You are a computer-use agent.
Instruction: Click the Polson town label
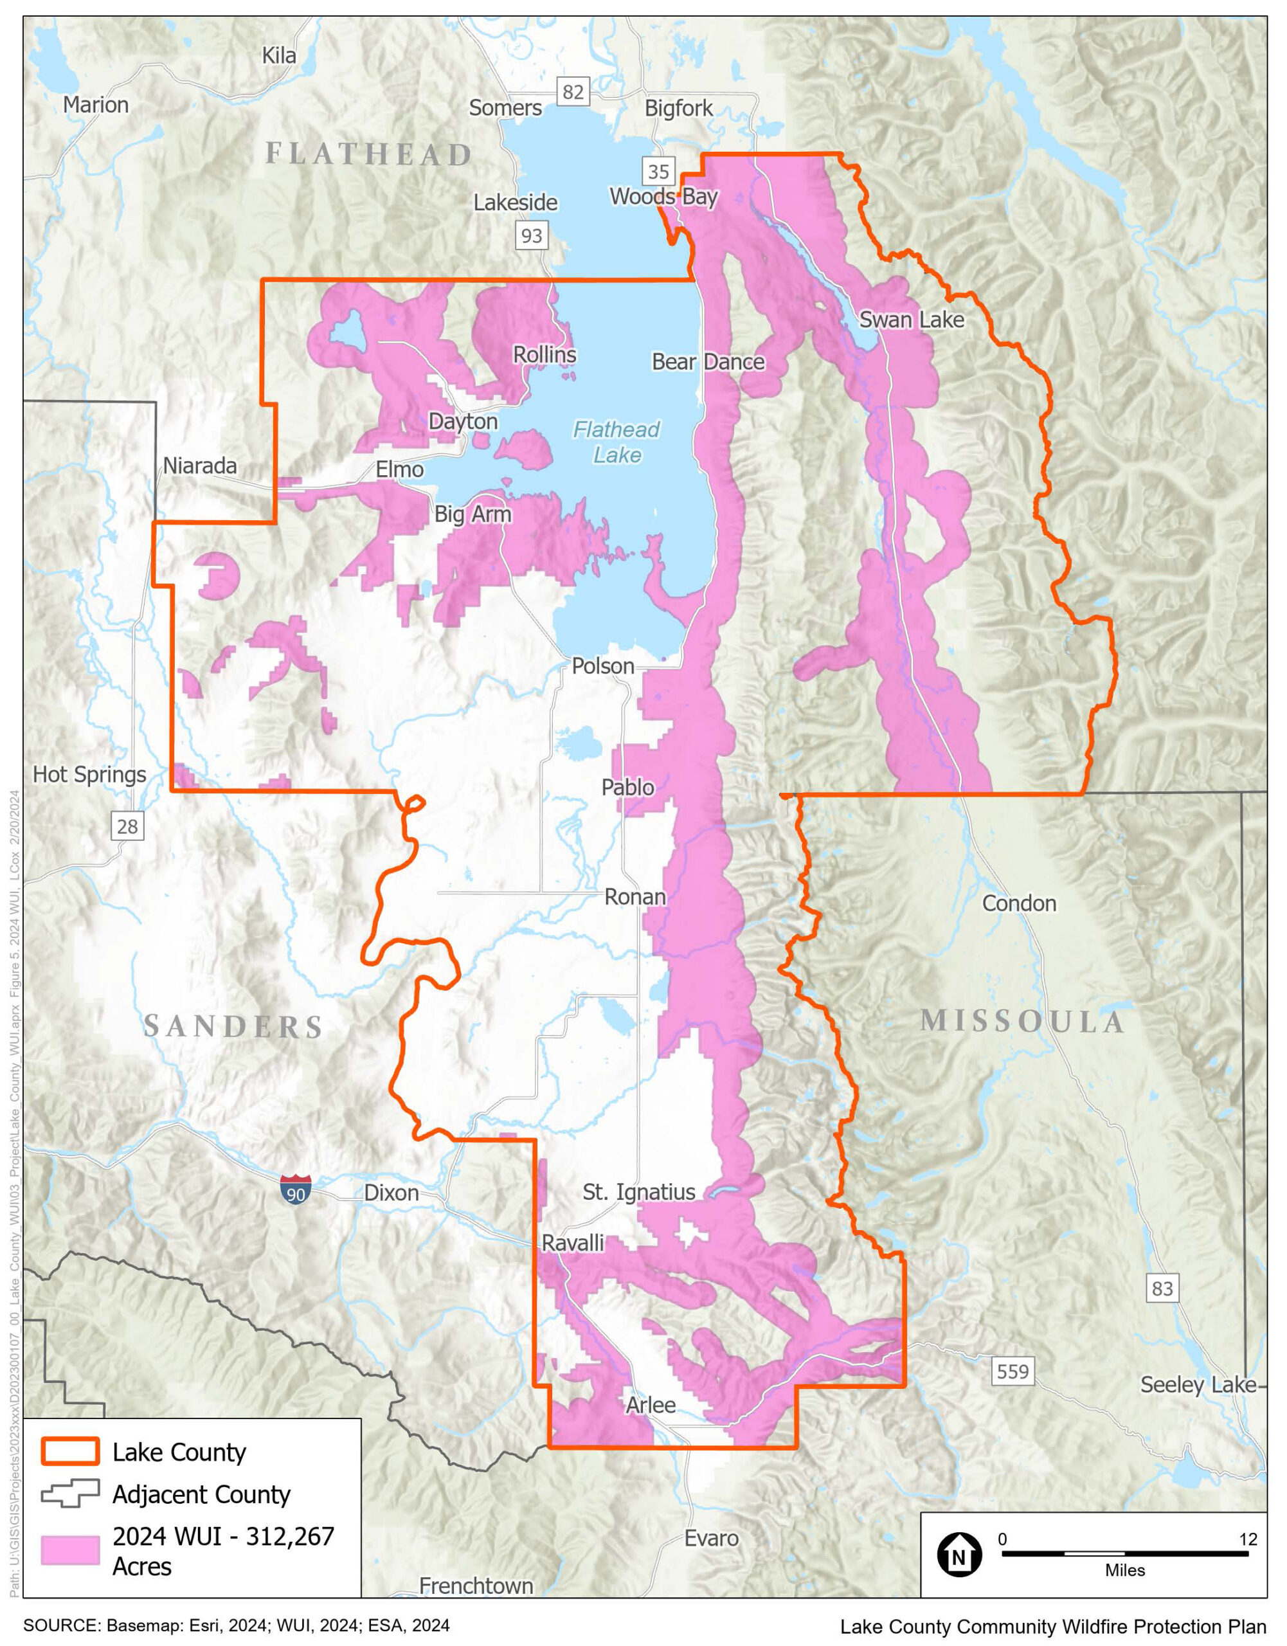click(x=602, y=666)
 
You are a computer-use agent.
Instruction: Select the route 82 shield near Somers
click(x=573, y=92)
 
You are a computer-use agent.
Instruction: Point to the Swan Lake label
click(x=911, y=320)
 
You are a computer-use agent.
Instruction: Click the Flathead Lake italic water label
click(x=616, y=442)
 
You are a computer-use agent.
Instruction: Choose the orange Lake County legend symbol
click(x=70, y=1452)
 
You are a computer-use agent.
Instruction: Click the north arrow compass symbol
click(x=959, y=1553)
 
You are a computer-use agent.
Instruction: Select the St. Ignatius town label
click(x=638, y=1191)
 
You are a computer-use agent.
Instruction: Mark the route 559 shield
click(x=1012, y=1371)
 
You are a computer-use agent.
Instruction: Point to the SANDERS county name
click(x=233, y=1026)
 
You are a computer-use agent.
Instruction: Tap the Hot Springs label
click(x=89, y=775)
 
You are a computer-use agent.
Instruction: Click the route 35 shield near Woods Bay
click(x=658, y=172)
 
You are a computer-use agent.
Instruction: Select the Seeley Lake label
click(x=1198, y=1384)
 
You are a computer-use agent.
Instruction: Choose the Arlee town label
click(x=651, y=1405)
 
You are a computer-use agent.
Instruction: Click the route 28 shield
click(x=127, y=827)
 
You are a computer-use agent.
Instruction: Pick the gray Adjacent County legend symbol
click(x=70, y=1494)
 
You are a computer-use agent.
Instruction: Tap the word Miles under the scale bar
click(x=1124, y=1571)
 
